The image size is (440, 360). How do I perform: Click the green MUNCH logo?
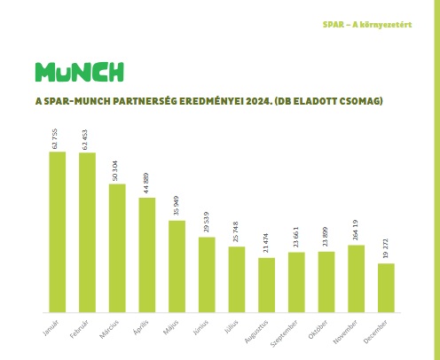click(x=79, y=72)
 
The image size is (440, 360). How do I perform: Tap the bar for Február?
click(x=87, y=231)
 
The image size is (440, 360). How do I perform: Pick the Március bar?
click(x=117, y=247)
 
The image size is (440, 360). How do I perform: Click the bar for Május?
click(x=177, y=265)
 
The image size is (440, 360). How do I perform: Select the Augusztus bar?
click(x=266, y=284)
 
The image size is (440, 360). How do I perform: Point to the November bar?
click(x=356, y=278)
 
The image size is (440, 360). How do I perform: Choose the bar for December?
click(x=386, y=286)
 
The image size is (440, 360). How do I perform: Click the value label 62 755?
click(x=58, y=137)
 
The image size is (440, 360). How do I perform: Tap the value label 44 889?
click(x=147, y=182)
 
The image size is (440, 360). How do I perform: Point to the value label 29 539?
click(x=207, y=222)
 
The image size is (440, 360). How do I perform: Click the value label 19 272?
click(x=386, y=248)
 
